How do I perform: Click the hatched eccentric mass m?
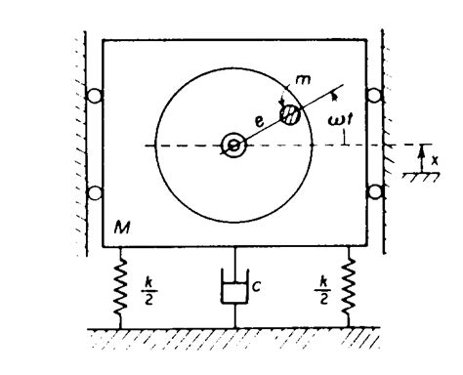(290, 112)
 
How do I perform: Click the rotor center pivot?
(234, 146)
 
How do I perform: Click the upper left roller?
(95, 99)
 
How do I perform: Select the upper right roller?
(373, 99)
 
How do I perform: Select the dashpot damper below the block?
(233, 289)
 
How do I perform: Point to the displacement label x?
(434, 155)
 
